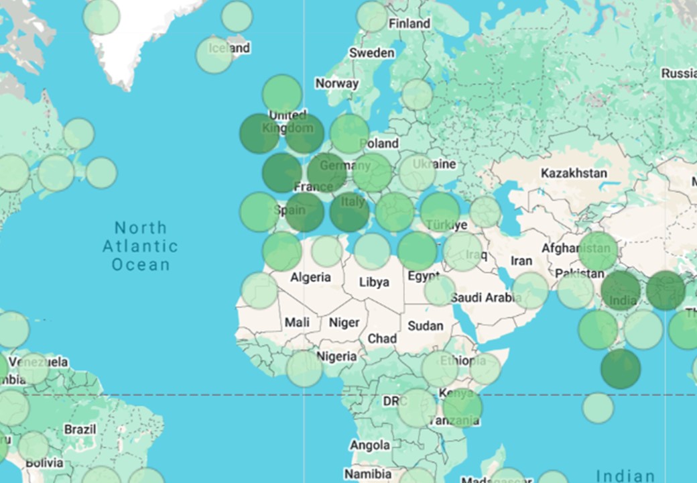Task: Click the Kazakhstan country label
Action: (574, 173)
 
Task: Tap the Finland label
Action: (409, 23)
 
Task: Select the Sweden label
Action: (372, 52)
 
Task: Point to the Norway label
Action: (337, 84)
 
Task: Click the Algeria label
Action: (310, 277)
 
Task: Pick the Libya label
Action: (374, 282)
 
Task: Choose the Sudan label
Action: (426, 326)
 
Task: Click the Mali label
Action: (297, 322)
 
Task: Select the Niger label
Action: (344, 323)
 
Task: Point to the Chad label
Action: (382, 339)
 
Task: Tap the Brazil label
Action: (80, 429)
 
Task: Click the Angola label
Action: (369, 445)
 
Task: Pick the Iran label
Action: (521, 261)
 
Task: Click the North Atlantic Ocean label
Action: (141, 246)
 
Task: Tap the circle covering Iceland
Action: (214, 55)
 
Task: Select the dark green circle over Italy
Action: (349, 211)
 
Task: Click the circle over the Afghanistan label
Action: (598, 251)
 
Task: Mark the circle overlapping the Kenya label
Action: (462, 407)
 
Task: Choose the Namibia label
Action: (367, 474)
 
